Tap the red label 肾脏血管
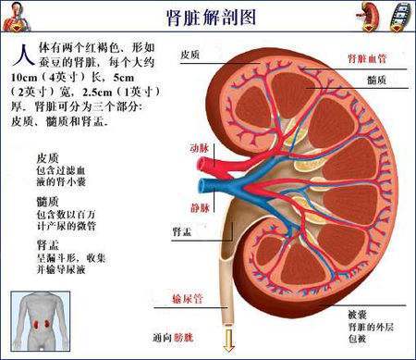367,57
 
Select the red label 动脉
199,147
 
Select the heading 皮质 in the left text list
50,158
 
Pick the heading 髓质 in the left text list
50,201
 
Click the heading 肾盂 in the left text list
50,244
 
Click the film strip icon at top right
399,15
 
